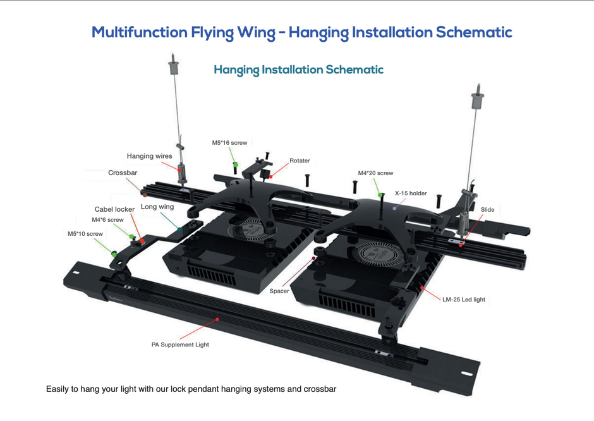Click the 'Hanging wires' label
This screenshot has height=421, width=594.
click(149, 156)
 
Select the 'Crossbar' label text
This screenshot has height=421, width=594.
click(123, 173)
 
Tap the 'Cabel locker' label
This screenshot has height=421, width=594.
click(114, 209)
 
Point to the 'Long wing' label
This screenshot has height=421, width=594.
click(157, 207)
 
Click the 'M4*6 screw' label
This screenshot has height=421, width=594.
click(107, 220)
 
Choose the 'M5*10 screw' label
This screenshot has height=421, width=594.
click(85, 234)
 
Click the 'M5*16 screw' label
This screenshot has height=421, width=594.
click(229, 143)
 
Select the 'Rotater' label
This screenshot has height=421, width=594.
click(300, 161)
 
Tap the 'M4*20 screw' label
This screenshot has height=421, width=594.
click(375, 173)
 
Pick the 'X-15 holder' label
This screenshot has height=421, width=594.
click(411, 193)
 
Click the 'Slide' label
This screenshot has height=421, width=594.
click(487, 209)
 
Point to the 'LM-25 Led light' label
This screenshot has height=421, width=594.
click(464, 299)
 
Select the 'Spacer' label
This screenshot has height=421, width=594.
click(279, 291)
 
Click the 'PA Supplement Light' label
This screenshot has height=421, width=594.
click(180, 345)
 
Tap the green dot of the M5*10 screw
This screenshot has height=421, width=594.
click(114, 253)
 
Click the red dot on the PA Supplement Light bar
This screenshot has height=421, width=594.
click(217, 320)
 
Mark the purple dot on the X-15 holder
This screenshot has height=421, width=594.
click(394, 207)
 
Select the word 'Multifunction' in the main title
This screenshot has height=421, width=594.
click(140, 32)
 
